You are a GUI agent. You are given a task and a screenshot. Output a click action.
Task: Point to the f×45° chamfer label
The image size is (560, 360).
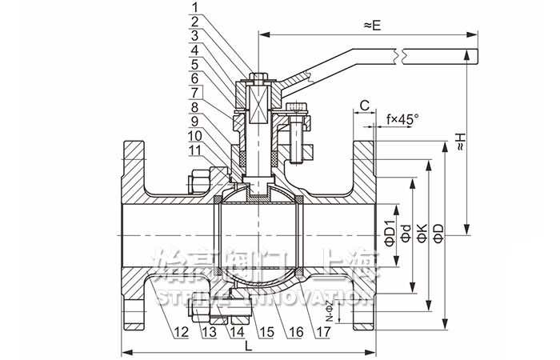[x=402, y=119]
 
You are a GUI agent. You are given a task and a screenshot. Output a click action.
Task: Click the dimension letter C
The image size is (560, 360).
[x=364, y=105]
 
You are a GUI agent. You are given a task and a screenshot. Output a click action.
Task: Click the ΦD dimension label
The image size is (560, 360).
[x=438, y=233]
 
